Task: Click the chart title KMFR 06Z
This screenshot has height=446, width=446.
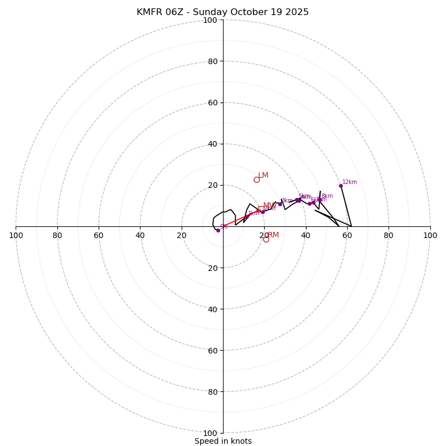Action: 222,12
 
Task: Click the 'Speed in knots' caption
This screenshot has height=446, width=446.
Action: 223,441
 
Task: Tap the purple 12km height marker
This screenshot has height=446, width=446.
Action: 341,186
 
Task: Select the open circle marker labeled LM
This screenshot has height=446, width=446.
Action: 256,180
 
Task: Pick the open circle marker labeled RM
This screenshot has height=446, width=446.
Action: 266,239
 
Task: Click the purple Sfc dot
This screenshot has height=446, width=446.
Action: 218,230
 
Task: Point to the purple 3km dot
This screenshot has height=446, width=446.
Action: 280,204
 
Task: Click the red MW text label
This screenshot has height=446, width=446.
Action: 269,206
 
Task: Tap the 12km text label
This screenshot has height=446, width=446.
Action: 350,182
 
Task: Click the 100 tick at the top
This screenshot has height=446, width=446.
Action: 210,20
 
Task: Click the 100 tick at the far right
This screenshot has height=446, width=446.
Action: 430,235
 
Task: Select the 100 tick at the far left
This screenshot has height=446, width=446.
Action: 16,235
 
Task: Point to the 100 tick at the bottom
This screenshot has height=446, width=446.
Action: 210,433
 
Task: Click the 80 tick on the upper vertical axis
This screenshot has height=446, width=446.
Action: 212,61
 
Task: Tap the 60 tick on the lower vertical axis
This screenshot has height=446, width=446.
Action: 212,351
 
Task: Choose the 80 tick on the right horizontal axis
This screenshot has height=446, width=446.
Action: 389,235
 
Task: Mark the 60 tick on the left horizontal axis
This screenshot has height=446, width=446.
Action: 99,235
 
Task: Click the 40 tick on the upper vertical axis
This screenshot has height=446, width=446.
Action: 212,144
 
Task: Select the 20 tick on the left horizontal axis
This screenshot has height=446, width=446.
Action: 182,235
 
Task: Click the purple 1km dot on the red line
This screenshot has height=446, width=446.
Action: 246,216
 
